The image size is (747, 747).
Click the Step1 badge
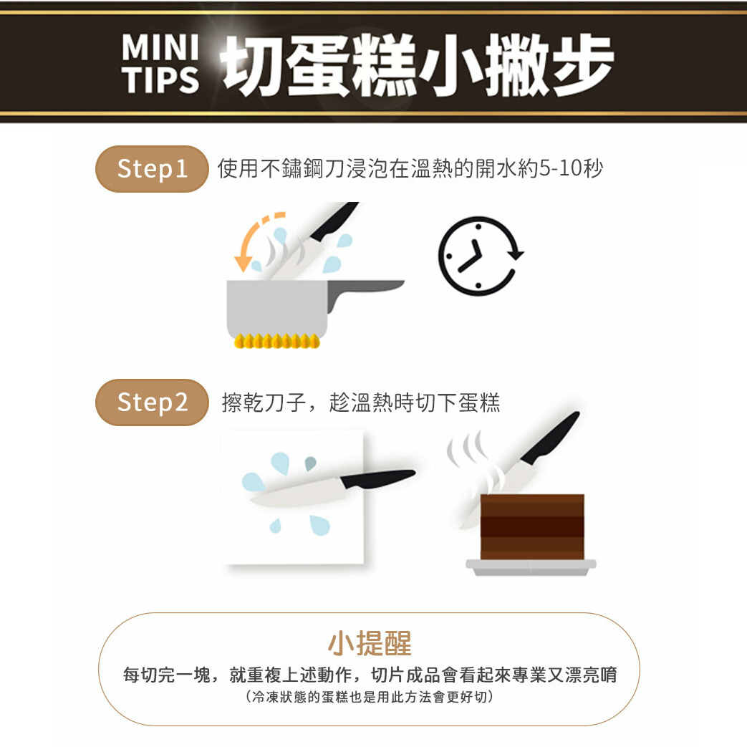(x=152, y=169)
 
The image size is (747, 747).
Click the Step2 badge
(x=152, y=403)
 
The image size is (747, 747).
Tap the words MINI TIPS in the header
(x=160, y=64)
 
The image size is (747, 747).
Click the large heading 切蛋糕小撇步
(x=418, y=64)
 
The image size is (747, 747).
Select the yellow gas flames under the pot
(x=276, y=341)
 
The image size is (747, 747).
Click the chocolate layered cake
(x=532, y=527)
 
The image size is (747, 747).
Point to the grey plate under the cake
(x=531, y=567)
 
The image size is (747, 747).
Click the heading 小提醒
(x=370, y=643)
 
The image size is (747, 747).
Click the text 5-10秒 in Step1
(x=571, y=168)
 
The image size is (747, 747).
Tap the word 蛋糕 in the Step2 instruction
(x=479, y=403)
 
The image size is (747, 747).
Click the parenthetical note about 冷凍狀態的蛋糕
(x=370, y=697)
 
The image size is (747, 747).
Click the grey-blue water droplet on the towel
(x=310, y=463)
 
